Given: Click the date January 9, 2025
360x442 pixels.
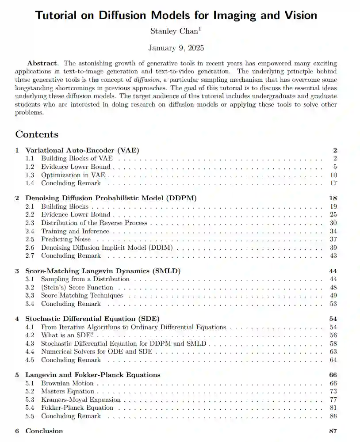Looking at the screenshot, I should click(176, 48).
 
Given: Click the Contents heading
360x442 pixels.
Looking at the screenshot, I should click(37, 134).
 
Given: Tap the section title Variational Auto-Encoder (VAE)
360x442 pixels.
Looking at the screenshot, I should click(82, 150).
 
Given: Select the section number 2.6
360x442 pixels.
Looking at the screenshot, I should click(30, 248).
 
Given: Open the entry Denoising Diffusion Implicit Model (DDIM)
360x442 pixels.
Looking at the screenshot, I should click(107, 248).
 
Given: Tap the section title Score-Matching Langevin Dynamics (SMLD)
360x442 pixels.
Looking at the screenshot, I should click(103, 271).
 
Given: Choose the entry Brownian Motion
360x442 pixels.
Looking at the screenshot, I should click(67, 383).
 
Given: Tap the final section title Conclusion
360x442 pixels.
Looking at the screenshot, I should click(44, 431).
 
